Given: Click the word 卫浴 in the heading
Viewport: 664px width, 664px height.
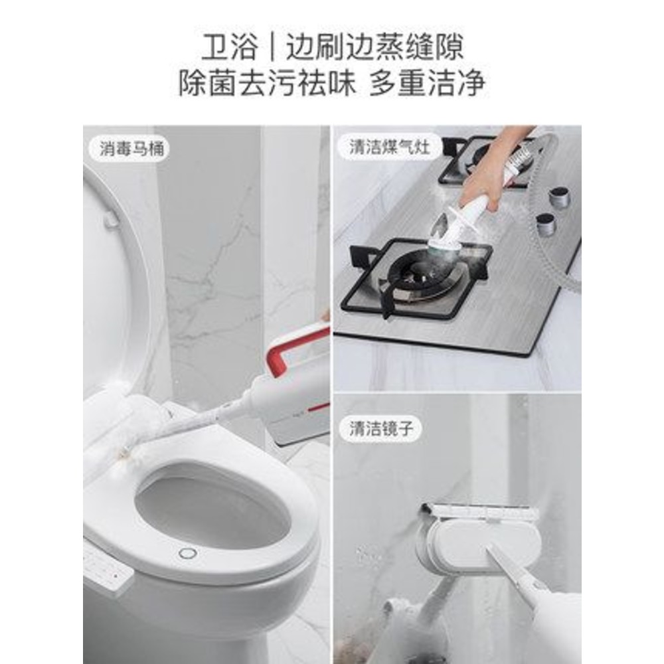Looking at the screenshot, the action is [230, 46].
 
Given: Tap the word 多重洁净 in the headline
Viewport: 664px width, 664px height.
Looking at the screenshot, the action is [427, 83].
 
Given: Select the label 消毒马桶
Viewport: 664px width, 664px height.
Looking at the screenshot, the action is [131, 149].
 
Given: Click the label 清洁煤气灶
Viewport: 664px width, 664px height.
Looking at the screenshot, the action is [389, 147].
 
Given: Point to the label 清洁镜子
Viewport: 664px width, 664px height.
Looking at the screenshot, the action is [381, 428].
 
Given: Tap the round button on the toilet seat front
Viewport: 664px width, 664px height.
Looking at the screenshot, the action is [188, 553].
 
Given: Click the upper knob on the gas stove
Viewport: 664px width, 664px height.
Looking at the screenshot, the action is [559, 197].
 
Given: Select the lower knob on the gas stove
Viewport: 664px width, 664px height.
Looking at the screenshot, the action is [545, 224].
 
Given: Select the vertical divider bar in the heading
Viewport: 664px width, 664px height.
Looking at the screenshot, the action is [272, 46].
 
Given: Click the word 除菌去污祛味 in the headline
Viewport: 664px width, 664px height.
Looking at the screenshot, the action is [267, 83].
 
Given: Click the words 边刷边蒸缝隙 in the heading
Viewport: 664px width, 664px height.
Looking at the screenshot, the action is [374, 46].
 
